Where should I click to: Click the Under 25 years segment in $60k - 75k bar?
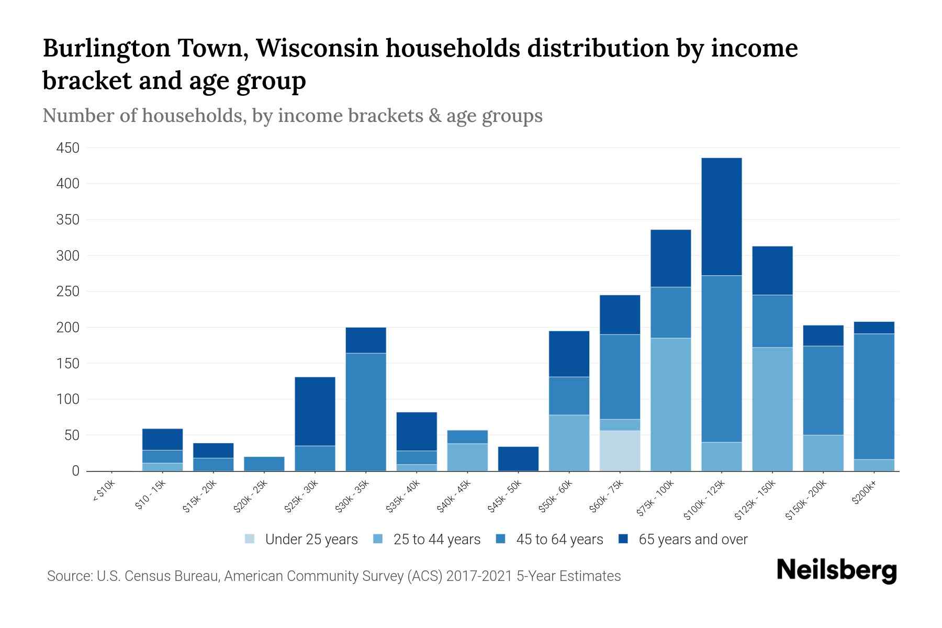(x=620, y=451)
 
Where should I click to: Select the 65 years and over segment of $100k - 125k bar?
(x=721, y=217)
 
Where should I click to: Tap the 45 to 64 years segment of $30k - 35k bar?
(x=366, y=412)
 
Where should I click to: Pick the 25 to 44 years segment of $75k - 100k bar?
(x=670, y=405)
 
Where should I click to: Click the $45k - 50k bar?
(x=518, y=459)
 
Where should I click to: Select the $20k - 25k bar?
(x=264, y=464)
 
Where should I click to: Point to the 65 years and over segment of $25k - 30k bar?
(x=315, y=411)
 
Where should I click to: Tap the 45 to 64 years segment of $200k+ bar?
(x=873, y=396)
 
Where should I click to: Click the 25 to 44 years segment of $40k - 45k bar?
(x=467, y=457)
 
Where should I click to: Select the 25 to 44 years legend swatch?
(x=378, y=539)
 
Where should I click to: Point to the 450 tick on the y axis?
(x=68, y=148)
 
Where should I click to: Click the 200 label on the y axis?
(x=68, y=328)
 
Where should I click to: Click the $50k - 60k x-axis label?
(x=556, y=496)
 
